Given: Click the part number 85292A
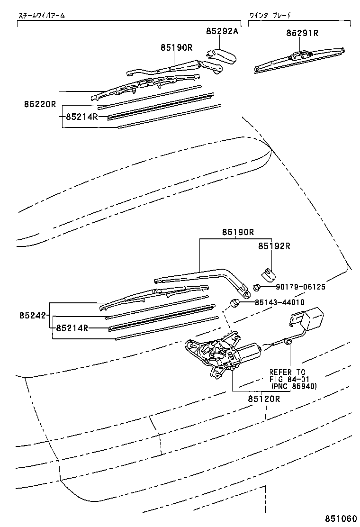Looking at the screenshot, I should pyautogui.click(x=222, y=31).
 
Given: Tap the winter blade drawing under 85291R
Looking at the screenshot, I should pyautogui.click(x=298, y=61).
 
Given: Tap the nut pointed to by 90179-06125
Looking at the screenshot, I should pyautogui.click(x=257, y=287).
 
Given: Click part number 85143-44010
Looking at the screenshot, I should pyautogui.click(x=279, y=302).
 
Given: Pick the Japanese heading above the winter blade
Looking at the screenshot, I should pyautogui.click(x=270, y=16).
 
